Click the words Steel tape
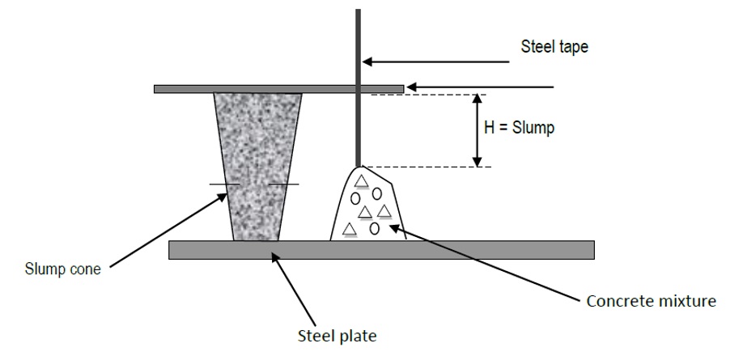[554, 47]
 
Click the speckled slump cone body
[256, 162]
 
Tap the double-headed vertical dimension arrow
[478, 129]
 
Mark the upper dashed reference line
[421, 95]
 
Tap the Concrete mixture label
[651, 302]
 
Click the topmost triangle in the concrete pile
[362, 180]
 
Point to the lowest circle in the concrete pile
[374, 228]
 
